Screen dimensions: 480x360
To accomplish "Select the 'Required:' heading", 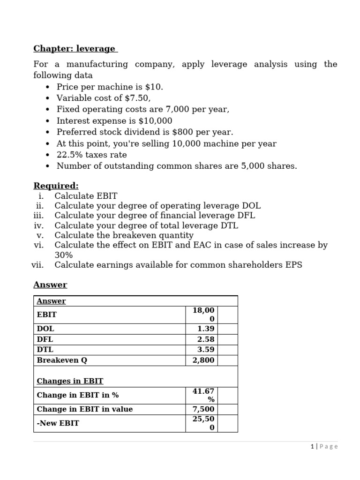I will click(x=56, y=186).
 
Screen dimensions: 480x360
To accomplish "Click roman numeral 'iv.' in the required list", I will click(x=38, y=225).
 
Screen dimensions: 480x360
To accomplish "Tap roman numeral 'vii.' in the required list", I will click(x=37, y=265).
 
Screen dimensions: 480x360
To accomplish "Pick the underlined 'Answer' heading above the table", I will click(x=50, y=285).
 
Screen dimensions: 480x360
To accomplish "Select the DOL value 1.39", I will click(x=206, y=329).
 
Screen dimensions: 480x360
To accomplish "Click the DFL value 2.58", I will click(x=206, y=339).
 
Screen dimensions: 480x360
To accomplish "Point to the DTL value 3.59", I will click(x=206, y=350).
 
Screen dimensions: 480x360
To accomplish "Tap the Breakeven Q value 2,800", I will click(x=203, y=360).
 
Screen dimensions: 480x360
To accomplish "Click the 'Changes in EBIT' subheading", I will click(x=70, y=381).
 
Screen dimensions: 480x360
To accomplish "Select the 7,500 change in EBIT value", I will click(x=203, y=409).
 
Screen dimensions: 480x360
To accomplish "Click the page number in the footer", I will click(x=312, y=447).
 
